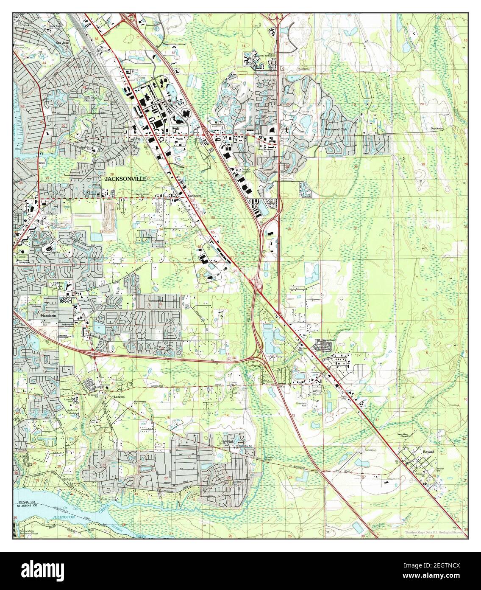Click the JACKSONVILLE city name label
click(125, 180)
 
